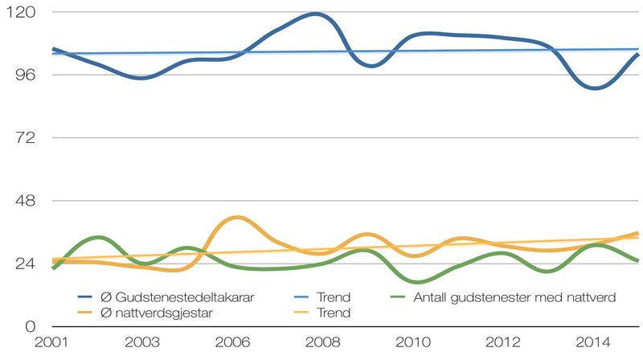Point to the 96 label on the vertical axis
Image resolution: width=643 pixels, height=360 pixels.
tap(21, 75)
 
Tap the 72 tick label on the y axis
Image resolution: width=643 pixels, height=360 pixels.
tap(22, 137)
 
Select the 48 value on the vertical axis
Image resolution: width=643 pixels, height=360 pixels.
tap(21, 200)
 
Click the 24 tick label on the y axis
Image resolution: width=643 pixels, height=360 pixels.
tap(21, 264)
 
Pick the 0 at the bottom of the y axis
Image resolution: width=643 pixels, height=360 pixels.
tap(27, 326)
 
